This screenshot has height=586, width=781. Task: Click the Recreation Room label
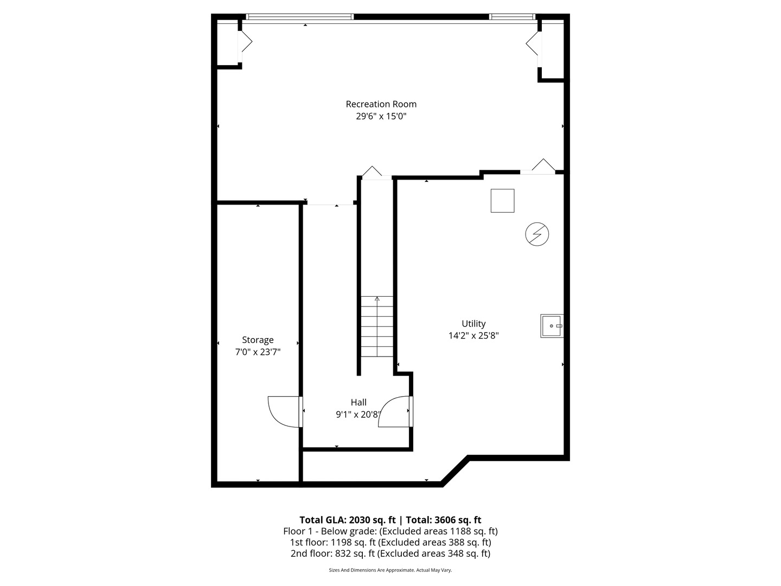[x=381, y=104]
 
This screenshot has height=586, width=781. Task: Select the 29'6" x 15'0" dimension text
[x=381, y=116]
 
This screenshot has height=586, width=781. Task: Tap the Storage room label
[x=258, y=340]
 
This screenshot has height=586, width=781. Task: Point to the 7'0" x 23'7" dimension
[x=258, y=352]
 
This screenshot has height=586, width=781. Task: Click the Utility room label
[x=473, y=323]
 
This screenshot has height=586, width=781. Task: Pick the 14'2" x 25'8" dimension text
[x=473, y=335]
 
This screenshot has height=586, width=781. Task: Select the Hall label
[x=358, y=402]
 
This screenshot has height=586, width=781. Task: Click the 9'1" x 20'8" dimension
[x=358, y=415]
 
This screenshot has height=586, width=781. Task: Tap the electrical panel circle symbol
[x=537, y=234]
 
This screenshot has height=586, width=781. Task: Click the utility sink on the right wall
[x=552, y=326]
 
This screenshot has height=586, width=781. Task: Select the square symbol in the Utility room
[x=502, y=201]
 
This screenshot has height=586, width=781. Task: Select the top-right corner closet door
[x=533, y=43]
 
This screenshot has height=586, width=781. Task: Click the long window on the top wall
[x=300, y=17]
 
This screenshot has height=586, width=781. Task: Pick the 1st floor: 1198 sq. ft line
[x=390, y=542]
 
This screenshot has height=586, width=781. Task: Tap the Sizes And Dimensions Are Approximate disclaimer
[x=390, y=570]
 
